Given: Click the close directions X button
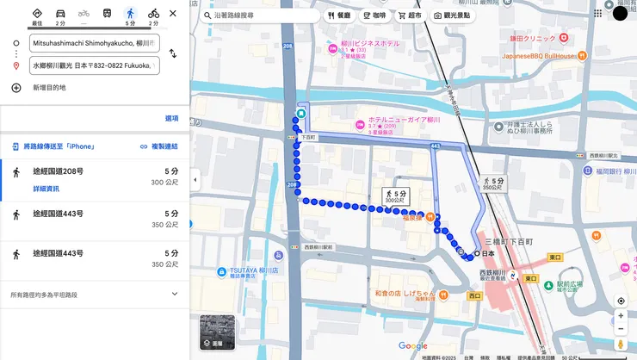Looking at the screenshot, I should pos(173,14).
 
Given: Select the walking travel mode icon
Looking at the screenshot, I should pos(130,14).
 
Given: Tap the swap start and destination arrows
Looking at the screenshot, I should pos(172,53).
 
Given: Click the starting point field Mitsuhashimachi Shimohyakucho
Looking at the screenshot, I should pos(94,42).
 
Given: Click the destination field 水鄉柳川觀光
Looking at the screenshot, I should pos(94,65).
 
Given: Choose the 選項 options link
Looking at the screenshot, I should pos(172,118).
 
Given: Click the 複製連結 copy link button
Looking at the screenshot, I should pos(159,146).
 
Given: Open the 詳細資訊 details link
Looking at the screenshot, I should pos(46,189).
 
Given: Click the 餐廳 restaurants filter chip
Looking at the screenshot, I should pos(339,16).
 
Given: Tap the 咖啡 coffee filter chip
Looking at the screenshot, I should pos(374,16).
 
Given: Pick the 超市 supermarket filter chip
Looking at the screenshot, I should pos(410,16).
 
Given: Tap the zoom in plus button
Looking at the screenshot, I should pos(621,316).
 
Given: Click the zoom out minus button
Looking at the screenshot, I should pos(621,329).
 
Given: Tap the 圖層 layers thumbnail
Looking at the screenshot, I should pos(217,332).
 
